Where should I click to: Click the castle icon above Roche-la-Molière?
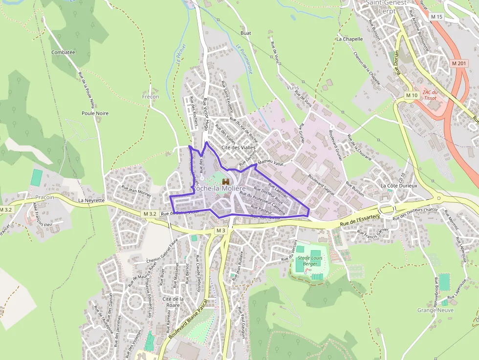click(225, 181)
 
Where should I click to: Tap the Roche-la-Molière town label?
click(219, 189)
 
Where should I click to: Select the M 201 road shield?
click(459, 64)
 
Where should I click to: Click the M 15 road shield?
click(436, 17)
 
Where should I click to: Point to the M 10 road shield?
click(412, 95)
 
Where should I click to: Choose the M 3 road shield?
click(221, 231)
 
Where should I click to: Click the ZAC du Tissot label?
click(430, 95)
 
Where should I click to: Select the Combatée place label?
click(63, 52)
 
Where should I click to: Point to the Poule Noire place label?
click(95, 113)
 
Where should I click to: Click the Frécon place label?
click(151, 97)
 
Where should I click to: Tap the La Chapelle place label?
click(349, 39)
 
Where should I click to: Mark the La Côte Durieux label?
click(399, 186)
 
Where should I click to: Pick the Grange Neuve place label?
click(435, 310)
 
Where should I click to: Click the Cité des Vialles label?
click(239, 147)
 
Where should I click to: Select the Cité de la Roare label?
click(174, 301)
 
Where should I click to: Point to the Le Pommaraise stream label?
click(244, 59)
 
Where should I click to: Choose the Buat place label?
click(245, 33)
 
